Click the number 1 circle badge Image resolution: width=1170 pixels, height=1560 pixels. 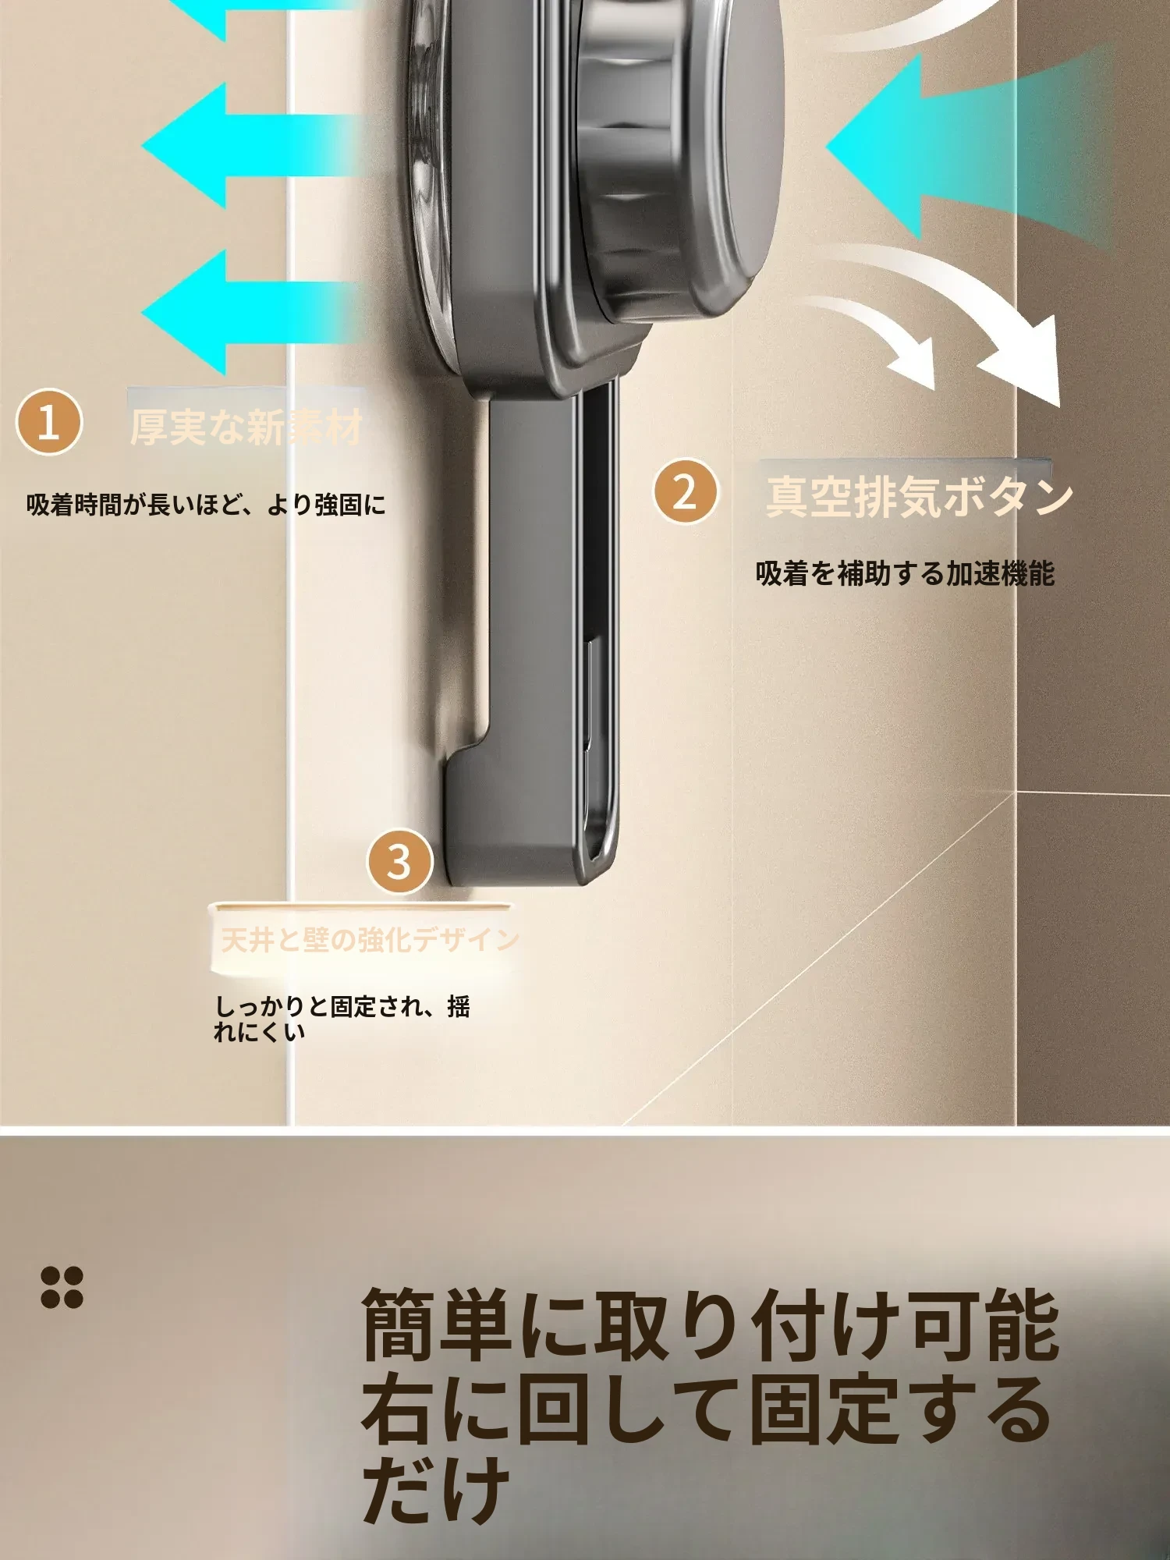point(48,423)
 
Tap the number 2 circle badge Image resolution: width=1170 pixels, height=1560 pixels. point(685,491)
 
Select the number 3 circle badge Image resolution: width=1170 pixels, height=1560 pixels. point(399,861)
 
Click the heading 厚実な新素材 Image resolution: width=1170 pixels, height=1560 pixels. point(246,427)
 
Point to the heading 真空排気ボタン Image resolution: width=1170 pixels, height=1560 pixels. point(919,497)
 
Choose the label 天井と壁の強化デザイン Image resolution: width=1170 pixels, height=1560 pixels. point(370,940)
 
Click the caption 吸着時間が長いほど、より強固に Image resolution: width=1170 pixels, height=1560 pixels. point(206,505)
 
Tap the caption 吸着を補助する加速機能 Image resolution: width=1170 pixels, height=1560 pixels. point(905,574)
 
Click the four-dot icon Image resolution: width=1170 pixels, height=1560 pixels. point(62,1287)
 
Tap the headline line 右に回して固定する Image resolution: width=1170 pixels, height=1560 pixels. point(706,1412)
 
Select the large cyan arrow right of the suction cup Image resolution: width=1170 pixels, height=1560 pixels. point(967,147)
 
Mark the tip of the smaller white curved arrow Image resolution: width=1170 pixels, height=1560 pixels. point(932,388)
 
